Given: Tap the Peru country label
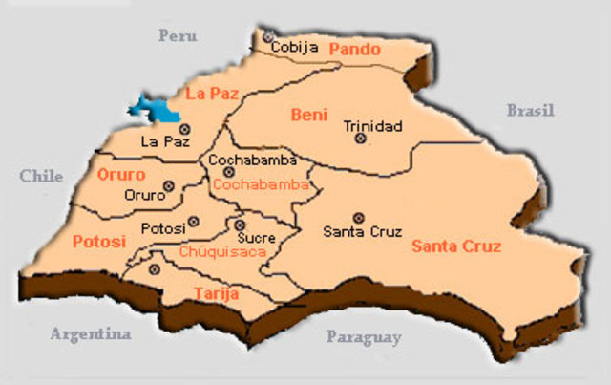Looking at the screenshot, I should [178, 36].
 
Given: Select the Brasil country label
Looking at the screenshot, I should [530, 110].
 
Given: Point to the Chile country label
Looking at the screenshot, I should [41, 176].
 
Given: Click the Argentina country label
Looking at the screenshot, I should [91, 334].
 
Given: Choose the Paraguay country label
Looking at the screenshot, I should [364, 336].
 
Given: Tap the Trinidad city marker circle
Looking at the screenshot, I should [360, 139].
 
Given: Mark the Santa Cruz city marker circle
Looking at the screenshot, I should [359, 218].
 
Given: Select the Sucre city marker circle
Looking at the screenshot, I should [239, 225].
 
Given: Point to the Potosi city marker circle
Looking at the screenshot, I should [194, 221].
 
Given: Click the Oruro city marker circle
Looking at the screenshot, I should [168, 186].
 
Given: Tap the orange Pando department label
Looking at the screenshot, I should [354, 49].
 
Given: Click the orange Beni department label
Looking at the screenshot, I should [308, 116].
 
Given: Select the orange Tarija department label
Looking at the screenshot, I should [216, 293].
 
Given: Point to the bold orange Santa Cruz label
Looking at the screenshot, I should [456, 246].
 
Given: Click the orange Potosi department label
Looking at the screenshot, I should [98, 242].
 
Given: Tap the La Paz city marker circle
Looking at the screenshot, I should [183, 128].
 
